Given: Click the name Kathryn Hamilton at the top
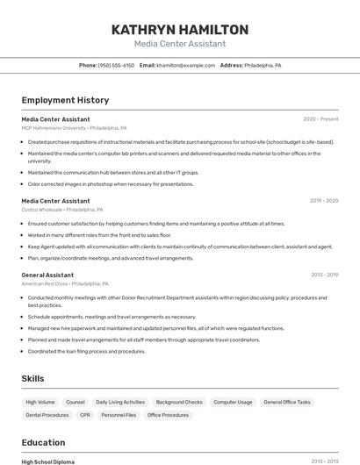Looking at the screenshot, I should pos(180,30).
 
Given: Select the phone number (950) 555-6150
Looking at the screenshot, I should pos(116,65).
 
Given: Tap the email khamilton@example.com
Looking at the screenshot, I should pos(185,65).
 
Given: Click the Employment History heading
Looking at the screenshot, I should pos(65,100).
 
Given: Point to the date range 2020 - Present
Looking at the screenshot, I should pos(320,118).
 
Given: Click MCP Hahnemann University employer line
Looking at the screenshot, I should pos(74,127).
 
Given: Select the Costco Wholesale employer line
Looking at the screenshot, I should pos(62,210).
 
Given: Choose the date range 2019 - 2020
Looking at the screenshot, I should pos(324,201).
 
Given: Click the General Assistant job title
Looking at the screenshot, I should pos(47,275).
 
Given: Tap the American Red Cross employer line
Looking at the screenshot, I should pos(65,283).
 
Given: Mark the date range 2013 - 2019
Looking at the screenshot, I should pos(324,275).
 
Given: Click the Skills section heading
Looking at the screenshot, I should pos(33,378).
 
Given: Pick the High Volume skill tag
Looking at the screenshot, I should pos(40,402).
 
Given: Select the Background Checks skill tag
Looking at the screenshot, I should pos(179,402).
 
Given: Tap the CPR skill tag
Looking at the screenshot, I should pos(85,415).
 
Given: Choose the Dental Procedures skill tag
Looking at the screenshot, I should pos(47,415).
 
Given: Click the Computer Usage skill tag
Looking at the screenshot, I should pos(233,402).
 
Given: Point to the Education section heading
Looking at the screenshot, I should pos(43,442).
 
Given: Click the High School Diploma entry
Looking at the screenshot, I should pos(48,461).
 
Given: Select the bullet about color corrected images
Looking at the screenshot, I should pos(111,184).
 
